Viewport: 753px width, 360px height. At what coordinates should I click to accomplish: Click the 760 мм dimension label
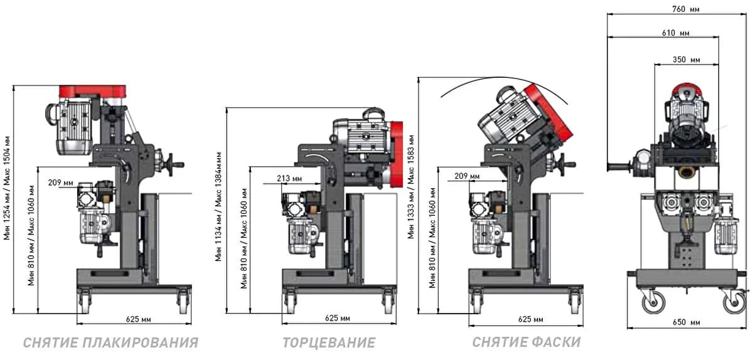[685, 9]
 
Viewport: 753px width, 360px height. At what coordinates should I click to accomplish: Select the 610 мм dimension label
[676, 33]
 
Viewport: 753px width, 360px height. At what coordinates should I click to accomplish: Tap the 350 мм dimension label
[686, 60]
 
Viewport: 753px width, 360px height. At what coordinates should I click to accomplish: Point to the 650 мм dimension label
[686, 322]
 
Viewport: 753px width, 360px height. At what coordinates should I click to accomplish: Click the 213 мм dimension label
[289, 179]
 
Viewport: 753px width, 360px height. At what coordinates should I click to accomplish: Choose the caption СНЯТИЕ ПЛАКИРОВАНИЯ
[110, 343]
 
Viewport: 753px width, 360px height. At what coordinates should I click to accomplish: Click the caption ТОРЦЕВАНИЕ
[329, 343]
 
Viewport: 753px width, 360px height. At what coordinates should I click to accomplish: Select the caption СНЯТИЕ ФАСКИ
[526, 342]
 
